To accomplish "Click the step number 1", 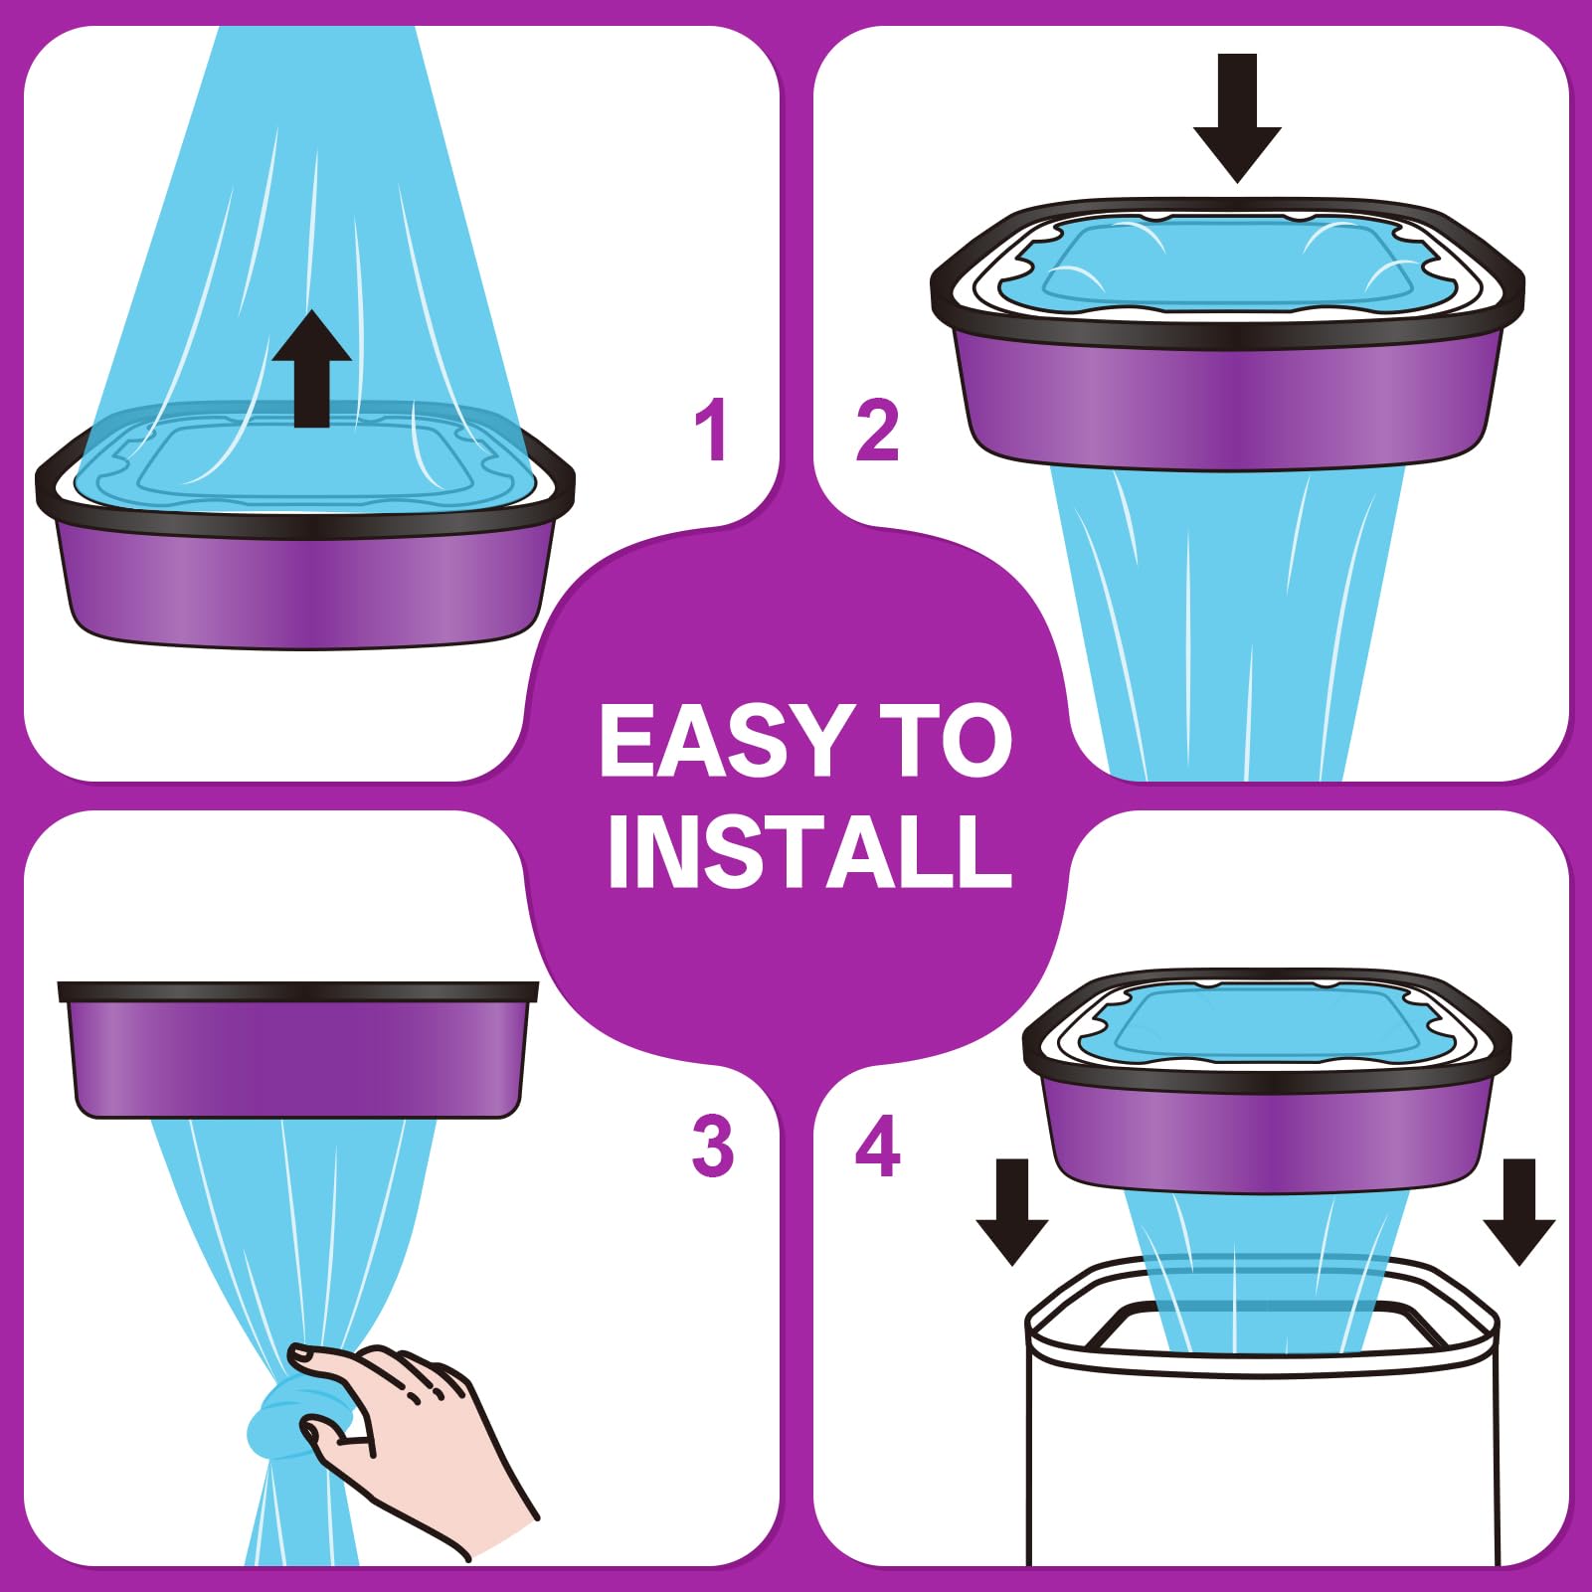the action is pos(711,430).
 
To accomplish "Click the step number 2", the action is pos(877,430).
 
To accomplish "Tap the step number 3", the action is pos(712,1146).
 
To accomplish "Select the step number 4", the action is pos(878,1146).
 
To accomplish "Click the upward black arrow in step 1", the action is pos(312,369).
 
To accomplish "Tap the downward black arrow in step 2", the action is pos(1237,118).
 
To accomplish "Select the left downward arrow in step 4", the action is pos(1012,1211).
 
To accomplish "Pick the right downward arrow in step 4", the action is pos(1519,1211).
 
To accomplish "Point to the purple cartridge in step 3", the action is pos(298,1050).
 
